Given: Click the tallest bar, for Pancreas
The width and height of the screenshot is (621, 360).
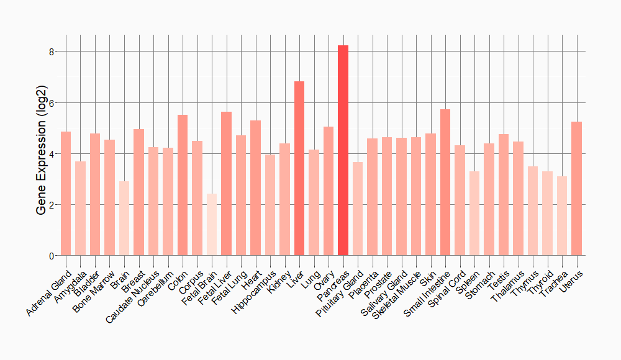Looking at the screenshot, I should (x=343, y=150).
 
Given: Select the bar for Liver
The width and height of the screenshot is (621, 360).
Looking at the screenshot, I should (x=299, y=168).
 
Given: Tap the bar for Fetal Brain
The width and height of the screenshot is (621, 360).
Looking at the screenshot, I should (x=212, y=224).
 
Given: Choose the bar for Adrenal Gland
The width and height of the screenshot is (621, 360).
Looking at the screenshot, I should (x=66, y=193).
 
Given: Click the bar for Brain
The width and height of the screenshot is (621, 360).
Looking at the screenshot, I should (x=124, y=218).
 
